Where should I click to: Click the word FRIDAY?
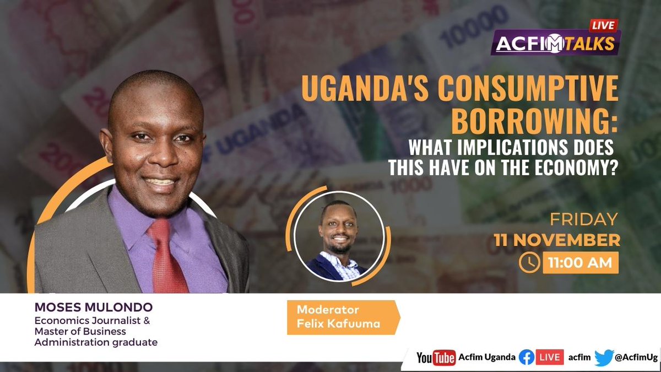tap(584, 219)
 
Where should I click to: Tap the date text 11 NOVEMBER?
tap(556, 241)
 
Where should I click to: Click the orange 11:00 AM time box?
tap(580, 263)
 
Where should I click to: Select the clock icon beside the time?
tap(529, 263)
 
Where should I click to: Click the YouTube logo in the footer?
tap(436, 358)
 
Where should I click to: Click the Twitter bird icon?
tap(604, 358)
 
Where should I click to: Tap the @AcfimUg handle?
tap(636, 358)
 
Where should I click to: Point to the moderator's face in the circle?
tap(337, 235)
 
